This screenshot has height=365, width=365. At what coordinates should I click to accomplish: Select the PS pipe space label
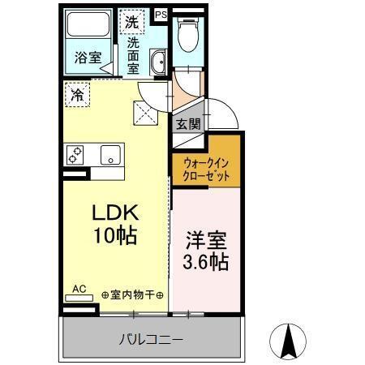coord(161,13)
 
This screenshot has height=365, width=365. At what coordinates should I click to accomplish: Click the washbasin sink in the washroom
coord(159,60)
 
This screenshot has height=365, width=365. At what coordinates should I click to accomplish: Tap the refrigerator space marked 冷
coord(75,95)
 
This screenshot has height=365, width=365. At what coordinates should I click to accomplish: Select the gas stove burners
coord(76,154)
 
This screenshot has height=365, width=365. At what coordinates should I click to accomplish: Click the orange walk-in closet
coord(205,168)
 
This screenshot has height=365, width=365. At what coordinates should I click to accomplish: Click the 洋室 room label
coord(205,242)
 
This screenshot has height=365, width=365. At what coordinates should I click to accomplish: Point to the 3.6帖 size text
coord(205,263)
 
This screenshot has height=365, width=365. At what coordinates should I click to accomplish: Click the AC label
coord(79,287)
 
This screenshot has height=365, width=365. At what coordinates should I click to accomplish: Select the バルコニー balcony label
coord(152,339)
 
